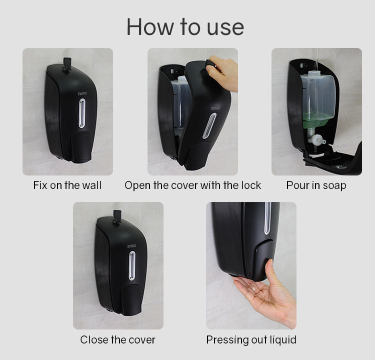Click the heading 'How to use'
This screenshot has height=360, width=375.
tap(185, 27)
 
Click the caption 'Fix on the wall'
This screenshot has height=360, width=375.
tap(67, 185)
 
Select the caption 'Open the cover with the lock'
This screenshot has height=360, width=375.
tap(192, 185)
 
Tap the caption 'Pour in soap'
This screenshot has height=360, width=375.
tap(316, 185)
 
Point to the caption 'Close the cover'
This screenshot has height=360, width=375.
tap(118, 340)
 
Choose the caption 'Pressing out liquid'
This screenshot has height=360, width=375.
tap(251, 340)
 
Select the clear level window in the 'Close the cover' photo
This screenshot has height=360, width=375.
tap(131, 265)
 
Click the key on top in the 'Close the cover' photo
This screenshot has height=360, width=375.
tap(117, 216)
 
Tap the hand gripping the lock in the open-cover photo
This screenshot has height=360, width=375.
tap(223, 72)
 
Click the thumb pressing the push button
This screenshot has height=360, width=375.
tap(271, 272)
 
